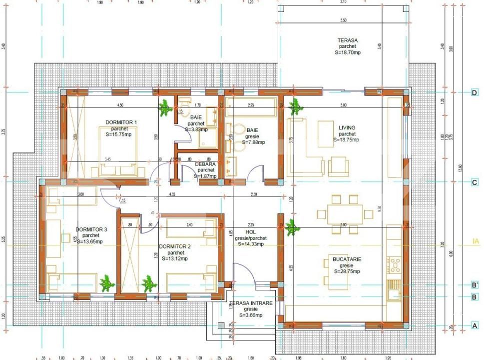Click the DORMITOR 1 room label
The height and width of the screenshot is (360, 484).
click(x=121, y=122)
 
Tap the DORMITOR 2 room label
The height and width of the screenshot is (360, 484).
click(x=175, y=246)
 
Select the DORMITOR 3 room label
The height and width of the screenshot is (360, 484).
click(x=91, y=229)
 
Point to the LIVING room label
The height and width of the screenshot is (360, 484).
click(x=347, y=128)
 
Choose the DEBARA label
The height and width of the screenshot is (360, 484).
click(x=205, y=164)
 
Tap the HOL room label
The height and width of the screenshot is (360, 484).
click(x=251, y=232)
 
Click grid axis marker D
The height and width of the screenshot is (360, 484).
click(x=475, y=92)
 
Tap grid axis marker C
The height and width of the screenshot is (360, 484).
click(x=475, y=182)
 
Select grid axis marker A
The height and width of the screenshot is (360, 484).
click(x=475, y=325)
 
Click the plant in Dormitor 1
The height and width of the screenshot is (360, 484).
click(x=164, y=108)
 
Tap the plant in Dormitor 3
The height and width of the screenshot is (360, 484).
click(x=106, y=284)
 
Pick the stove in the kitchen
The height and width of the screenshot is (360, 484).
click(x=395, y=265)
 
